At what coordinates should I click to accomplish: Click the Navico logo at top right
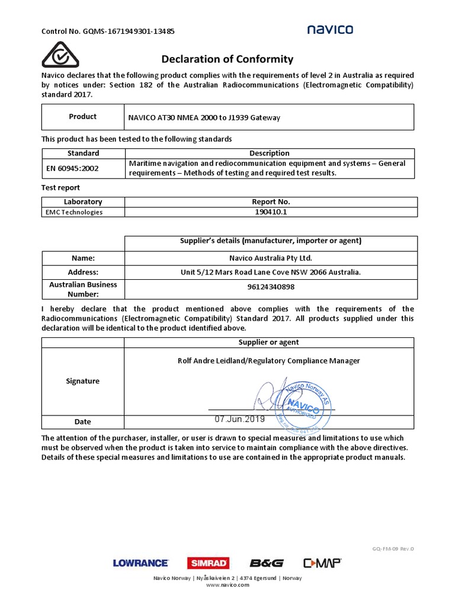[330, 30]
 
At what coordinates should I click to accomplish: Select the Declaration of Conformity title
[227, 59]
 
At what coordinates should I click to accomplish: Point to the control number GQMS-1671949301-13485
[107, 31]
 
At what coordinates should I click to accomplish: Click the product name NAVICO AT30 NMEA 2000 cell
[204, 117]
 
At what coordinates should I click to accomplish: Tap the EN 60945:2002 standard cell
[73, 168]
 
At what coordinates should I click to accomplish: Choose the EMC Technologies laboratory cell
[75, 212]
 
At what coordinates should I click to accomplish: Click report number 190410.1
[270, 212]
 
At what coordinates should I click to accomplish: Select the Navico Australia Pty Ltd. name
[270, 258]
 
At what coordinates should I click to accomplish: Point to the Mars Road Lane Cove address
[270, 272]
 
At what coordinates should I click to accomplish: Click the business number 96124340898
[270, 287]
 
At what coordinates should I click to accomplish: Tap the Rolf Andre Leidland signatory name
[268, 360]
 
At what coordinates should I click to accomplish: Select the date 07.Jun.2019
[239, 418]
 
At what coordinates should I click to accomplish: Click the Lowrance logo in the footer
[140, 563]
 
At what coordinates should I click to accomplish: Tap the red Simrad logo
[208, 563]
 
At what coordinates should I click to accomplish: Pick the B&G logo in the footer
[266, 563]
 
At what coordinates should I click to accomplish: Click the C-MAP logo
[322, 563]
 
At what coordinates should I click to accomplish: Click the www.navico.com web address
[227, 585]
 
